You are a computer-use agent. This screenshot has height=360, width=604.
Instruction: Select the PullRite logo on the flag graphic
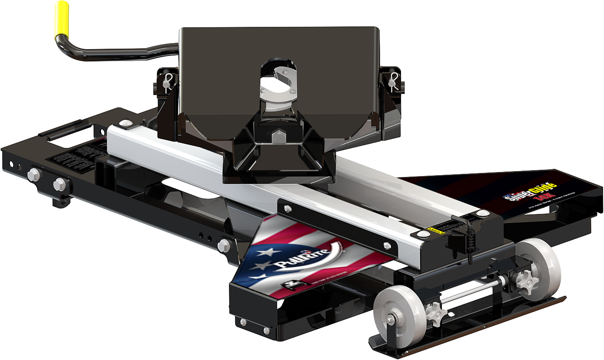click(297, 258)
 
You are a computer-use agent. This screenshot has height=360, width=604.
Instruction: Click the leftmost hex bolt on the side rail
click(33, 174)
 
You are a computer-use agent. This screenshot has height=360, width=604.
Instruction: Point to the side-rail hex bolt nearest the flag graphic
click(224, 245)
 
